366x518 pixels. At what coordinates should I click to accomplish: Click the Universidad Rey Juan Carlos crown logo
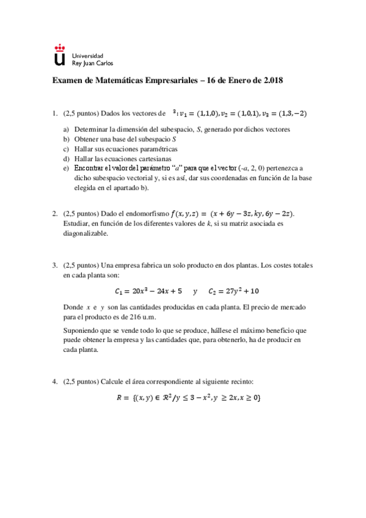click(59, 54)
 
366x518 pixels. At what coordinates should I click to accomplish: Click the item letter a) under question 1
click(66, 130)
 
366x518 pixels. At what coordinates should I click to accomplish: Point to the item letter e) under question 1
click(66, 167)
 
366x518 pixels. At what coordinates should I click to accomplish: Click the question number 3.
click(55, 266)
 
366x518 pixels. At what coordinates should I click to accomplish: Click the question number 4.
click(55, 382)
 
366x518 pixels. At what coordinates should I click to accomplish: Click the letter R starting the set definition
click(120, 398)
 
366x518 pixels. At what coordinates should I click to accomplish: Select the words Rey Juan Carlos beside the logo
click(92, 62)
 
